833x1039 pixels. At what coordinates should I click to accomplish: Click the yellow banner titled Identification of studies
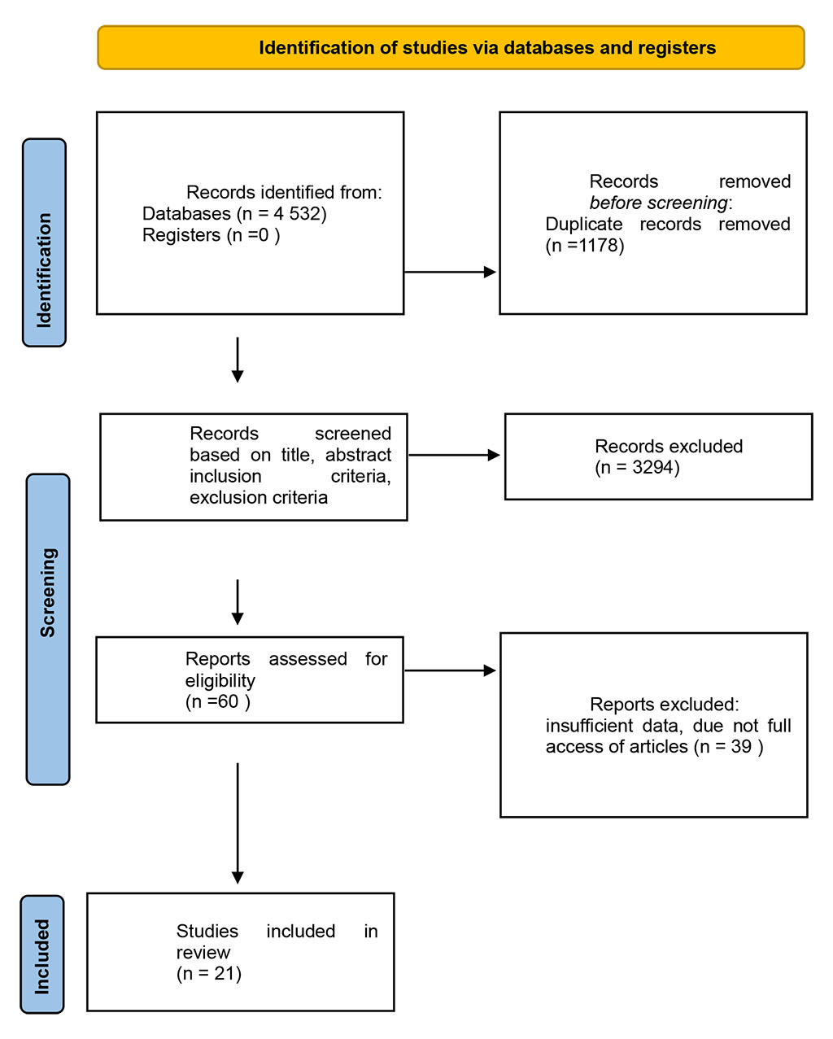point(451,48)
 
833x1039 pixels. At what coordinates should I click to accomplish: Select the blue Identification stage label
point(44,242)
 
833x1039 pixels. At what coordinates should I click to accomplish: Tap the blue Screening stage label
point(48,629)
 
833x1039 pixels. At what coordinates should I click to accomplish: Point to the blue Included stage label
point(41,954)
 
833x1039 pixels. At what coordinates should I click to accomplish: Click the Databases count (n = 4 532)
point(281,214)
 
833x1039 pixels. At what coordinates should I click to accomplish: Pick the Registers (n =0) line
point(211,235)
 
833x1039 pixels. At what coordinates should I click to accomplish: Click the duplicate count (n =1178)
point(585,246)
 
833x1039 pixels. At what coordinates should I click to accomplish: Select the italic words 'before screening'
point(659,203)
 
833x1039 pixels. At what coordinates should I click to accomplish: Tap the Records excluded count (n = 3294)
point(637,468)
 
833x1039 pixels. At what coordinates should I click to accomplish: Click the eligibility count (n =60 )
point(217,701)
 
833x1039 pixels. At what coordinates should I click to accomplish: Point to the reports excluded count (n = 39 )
point(728,747)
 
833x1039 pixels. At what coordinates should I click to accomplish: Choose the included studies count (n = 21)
point(209,974)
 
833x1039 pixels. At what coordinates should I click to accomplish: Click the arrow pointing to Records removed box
point(451,272)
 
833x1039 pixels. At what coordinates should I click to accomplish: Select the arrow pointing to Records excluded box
point(454,456)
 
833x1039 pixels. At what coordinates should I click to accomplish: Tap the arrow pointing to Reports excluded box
point(451,670)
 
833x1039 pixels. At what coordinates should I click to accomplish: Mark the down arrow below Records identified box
point(238,360)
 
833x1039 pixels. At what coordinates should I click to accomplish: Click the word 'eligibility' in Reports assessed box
point(220,680)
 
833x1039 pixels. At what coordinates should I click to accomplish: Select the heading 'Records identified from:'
point(284,193)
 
